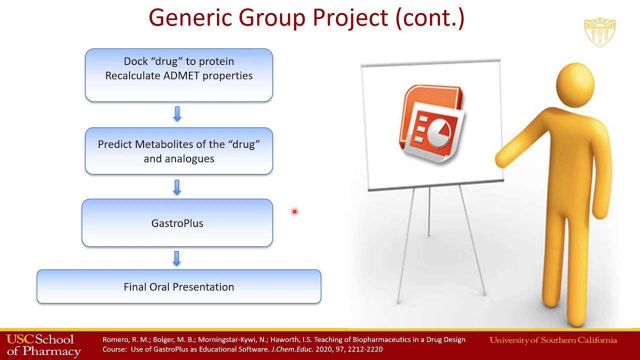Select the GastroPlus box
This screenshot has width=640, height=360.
click(x=177, y=223)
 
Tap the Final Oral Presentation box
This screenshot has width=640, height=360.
click(x=179, y=286)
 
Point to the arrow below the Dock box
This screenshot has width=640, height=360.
click(x=177, y=113)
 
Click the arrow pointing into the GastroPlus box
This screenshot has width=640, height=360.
click(x=177, y=187)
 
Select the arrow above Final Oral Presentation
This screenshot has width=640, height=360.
click(x=177, y=258)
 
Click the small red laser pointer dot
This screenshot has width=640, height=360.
click(x=294, y=211)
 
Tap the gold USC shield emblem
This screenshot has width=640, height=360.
click(x=599, y=31)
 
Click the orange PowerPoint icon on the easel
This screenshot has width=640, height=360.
click(x=431, y=123)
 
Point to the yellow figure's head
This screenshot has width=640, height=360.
click(x=575, y=85)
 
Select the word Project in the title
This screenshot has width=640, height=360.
click(x=350, y=17)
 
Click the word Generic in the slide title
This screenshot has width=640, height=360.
click(x=190, y=17)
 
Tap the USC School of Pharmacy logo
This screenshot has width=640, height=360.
click(x=43, y=345)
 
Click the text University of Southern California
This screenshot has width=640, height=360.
click(x=553, y=340)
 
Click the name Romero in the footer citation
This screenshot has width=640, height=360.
click(x=115, y=339)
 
